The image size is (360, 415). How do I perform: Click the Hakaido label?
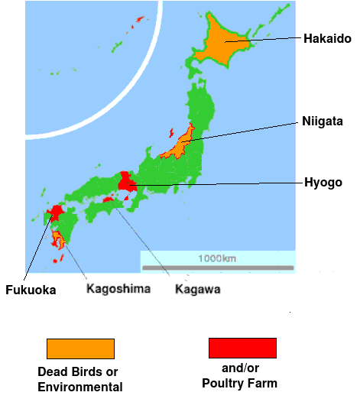(x=327, y=38)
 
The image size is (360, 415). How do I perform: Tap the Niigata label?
(x=322, y=121)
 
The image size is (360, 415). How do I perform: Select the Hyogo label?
(x=323, y=183)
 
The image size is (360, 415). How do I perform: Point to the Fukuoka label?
(x=31, y=290)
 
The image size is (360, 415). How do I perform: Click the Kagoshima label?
(x=118, y=289)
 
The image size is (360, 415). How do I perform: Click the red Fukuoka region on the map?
(x=55, y=212)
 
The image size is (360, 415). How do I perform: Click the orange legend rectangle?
(x=80, y=349)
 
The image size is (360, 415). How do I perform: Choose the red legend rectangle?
(x=242, y=349)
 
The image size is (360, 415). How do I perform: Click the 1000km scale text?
(x=217, y=258)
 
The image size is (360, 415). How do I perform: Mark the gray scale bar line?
(x=218, y=267)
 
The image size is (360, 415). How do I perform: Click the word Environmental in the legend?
(x=80, y=387)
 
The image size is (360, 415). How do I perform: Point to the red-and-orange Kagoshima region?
(x=57, y=241)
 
